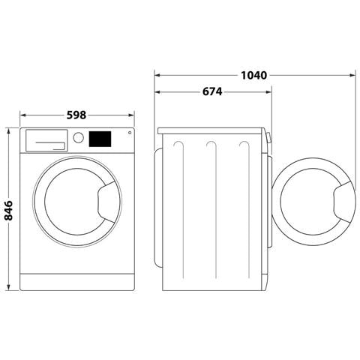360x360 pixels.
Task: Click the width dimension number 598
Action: [76, 115]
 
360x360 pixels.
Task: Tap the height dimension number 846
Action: [9, 211]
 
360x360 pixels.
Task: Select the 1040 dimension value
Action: [255, 75]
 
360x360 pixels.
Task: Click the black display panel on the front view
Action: [100, 139]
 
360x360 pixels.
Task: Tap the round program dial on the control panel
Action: [77, 138]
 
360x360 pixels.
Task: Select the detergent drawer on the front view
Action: [46, 139]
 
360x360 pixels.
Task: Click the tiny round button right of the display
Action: [129, 133]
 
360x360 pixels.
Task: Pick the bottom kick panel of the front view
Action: [76, 282]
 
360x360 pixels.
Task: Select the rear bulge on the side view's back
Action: [157, 207]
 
